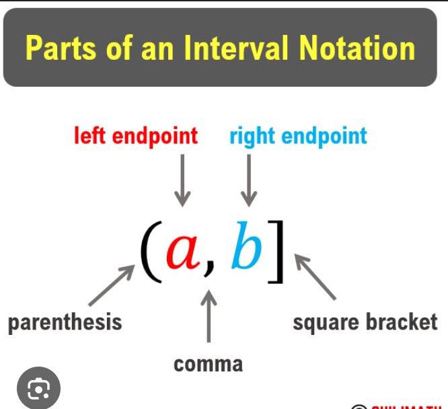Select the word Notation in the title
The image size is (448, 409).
(x=358, y=48)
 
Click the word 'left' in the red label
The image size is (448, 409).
(x=90, y=136)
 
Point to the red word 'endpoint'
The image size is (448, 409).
(x=155, y=137)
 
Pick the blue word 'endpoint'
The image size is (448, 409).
(x=324, y=137)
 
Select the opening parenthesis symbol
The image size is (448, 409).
(x=151, y=252)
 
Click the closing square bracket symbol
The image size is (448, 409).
(x=276, y=252)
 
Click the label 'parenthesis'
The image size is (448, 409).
(x=65, y=322)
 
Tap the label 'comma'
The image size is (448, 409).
(x=209, y=364)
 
